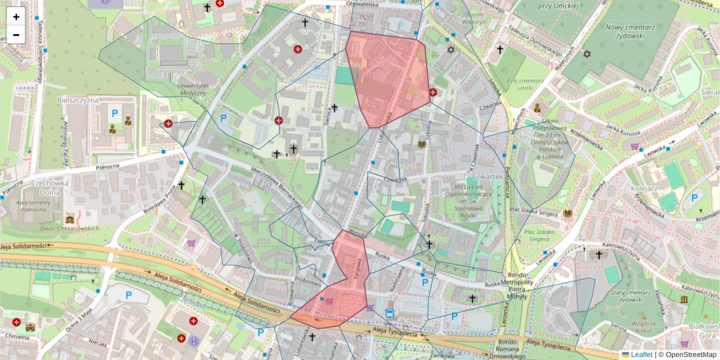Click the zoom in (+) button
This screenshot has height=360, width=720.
(x=16, y=16)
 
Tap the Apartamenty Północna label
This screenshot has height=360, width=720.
(x=27, y=206)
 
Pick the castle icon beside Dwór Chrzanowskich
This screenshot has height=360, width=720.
(x=70, y=220)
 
